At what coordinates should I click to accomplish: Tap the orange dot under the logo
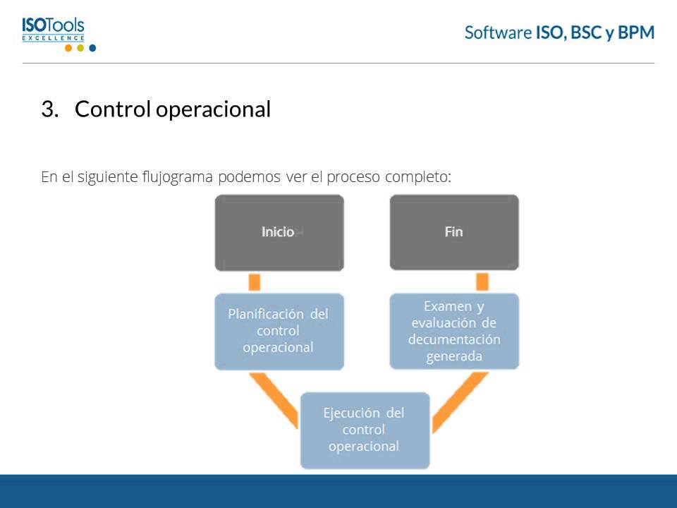point(68,48)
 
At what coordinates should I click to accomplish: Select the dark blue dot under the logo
point(92,48)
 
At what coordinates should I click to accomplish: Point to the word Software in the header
point(498,32)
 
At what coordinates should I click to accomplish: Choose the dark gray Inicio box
point(279,232)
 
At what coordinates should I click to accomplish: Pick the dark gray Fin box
point(454,232)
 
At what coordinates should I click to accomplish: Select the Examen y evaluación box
point(454,331)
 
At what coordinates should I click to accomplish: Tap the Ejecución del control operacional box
point(365,430)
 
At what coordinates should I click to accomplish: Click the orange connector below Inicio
point(255,282)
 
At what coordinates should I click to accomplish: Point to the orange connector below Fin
point(482,282)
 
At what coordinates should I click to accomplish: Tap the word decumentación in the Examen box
point(454,340)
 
